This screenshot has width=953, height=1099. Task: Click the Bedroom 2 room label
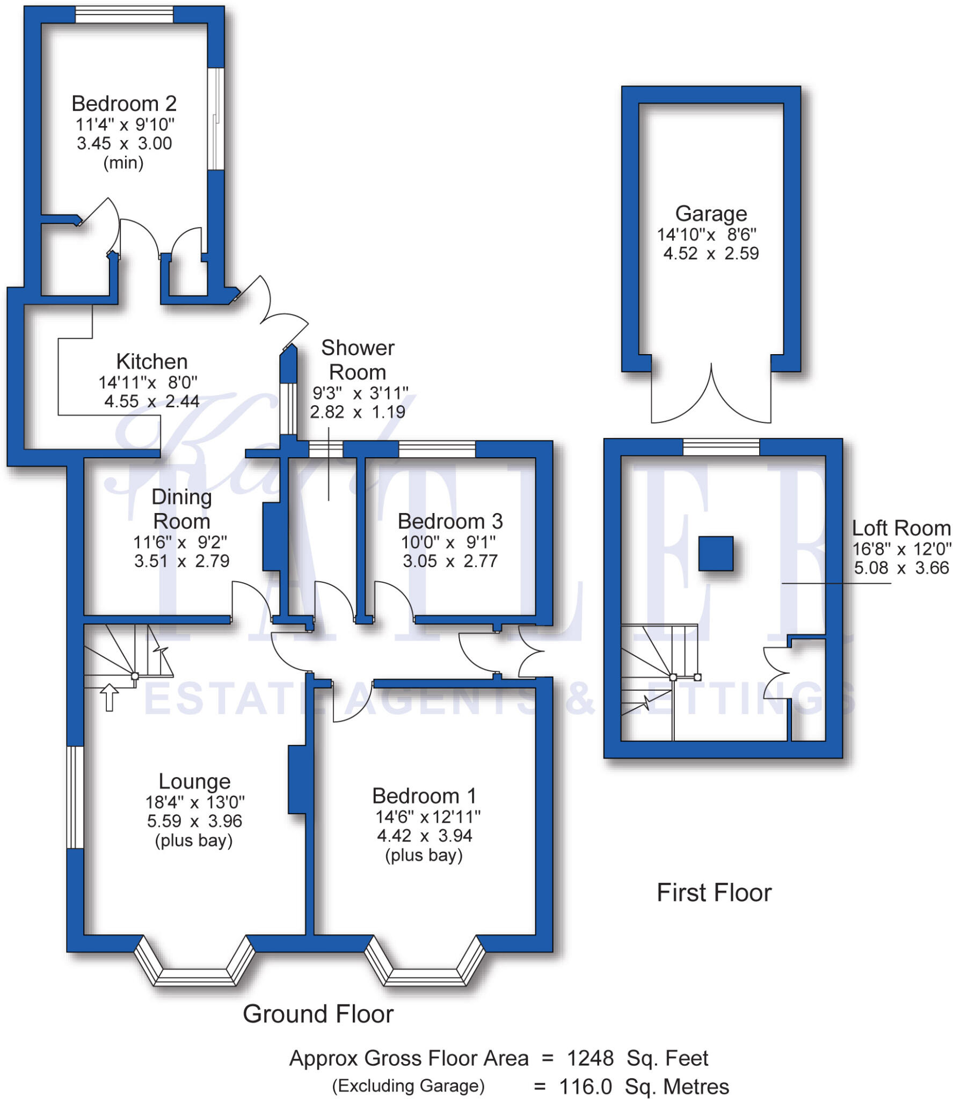124,104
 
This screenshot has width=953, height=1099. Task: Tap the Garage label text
711,214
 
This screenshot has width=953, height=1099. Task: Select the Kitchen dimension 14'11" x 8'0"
148,383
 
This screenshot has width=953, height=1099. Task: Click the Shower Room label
358,360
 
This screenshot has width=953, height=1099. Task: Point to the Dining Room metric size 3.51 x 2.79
181,561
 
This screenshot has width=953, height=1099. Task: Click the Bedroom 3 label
450,521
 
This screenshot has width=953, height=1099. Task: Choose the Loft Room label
901,528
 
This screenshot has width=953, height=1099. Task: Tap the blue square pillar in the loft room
715,553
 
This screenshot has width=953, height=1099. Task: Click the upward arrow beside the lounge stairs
110,697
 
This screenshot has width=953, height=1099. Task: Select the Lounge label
194,781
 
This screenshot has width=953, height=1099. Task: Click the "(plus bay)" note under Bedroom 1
424,855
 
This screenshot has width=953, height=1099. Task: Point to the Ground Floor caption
318,1014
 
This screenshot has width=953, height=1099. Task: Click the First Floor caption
714,893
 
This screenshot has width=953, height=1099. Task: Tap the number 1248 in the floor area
590,1058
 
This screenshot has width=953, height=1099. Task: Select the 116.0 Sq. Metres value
644,1087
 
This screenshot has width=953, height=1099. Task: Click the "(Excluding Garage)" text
408,1086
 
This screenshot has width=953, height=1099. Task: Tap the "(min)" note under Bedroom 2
123,163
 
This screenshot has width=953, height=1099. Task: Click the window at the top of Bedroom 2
124,14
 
